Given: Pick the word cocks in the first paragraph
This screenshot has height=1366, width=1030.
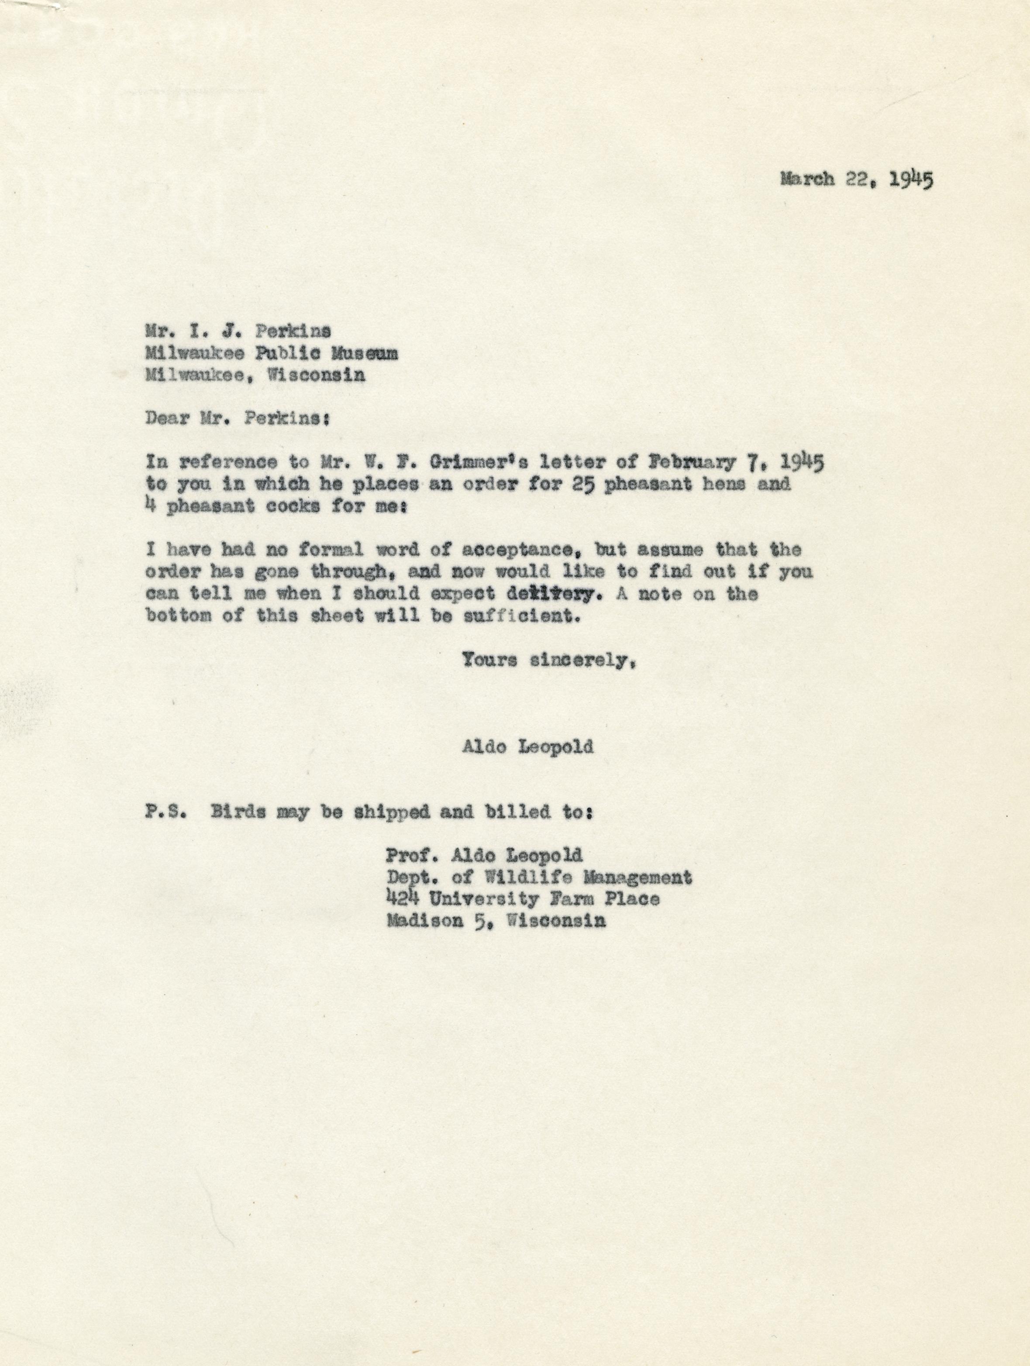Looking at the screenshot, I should (288, 506).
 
